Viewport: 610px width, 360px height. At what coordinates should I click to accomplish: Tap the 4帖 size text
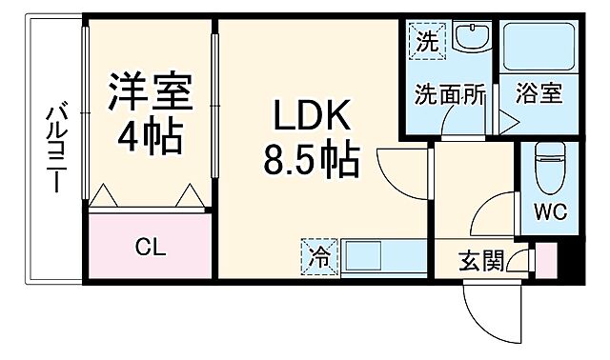[x=149, y=139]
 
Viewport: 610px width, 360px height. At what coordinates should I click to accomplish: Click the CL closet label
[x=150, y=250]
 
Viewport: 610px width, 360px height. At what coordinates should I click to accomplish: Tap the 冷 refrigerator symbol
[x=318, y=255]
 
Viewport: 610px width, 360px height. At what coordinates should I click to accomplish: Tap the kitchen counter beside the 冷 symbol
[x=376, y=256]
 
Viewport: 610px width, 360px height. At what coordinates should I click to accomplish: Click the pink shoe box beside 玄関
[x=545, y=260]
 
